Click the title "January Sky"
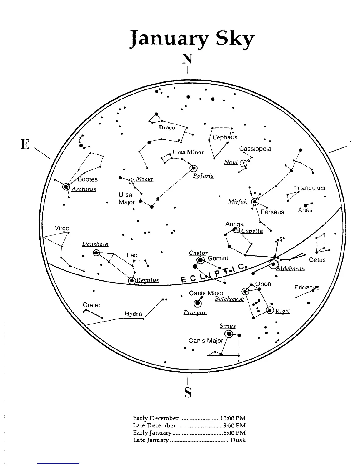coord(191,40)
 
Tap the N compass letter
coord(187,59)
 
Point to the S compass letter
coord(188,392)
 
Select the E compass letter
coord(25,144)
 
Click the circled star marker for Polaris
coord(194,168)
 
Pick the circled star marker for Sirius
coord(229,334)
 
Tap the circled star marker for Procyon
coord(198,303)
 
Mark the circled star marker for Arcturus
coord(66,186)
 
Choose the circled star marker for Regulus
coord(132,280)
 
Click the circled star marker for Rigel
coord(270,310)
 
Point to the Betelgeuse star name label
coord(229,299)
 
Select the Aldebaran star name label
coord(290,268)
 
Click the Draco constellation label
coord(167,127)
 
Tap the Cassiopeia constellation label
coord(255,149)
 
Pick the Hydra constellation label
coord(133,314)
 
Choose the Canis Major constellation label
coord(206,341)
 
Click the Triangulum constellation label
coord(309,188)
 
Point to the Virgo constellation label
coord(62,228)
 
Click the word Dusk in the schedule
coord(238,440)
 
